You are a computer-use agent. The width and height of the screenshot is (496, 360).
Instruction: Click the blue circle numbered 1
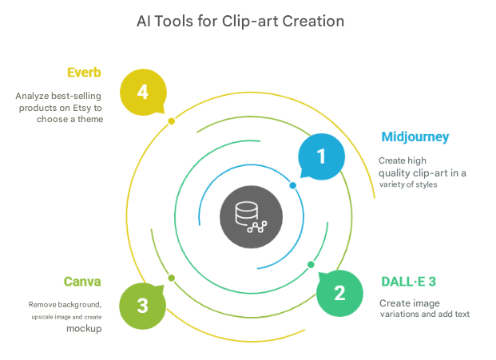322,156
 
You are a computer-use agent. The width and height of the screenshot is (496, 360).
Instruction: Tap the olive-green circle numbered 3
142,305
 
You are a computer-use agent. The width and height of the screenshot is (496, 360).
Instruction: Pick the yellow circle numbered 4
143,92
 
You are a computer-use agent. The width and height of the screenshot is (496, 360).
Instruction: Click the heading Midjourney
415,136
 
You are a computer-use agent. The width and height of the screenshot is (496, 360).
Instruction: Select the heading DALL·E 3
407,282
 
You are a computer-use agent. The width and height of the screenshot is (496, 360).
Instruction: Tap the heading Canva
82,281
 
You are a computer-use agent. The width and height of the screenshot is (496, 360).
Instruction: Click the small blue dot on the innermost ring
292,185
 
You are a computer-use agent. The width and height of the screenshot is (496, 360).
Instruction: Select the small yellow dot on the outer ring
172,121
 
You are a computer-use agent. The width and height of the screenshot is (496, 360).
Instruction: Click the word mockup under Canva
84,328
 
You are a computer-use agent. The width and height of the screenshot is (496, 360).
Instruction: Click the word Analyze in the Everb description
34,96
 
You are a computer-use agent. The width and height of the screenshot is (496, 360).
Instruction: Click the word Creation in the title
310,21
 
